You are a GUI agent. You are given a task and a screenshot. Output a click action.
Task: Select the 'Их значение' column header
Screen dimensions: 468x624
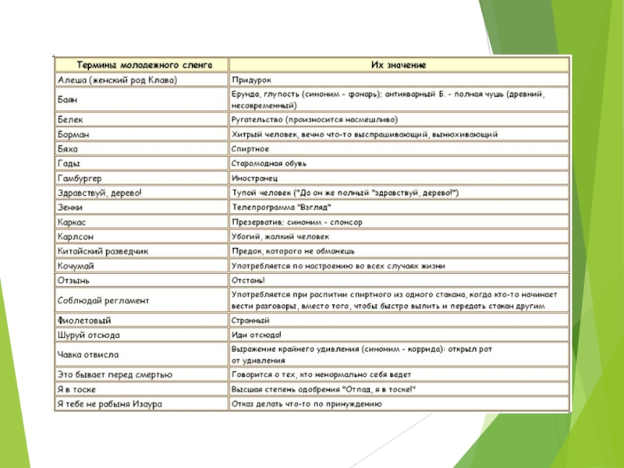[399, 65]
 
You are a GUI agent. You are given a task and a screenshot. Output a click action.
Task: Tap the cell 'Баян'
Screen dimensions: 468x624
[68, 100]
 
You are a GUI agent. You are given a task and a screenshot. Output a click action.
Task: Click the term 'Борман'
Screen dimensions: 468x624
[74, 134]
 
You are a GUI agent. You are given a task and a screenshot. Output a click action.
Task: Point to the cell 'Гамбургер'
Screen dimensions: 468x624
[80, 179]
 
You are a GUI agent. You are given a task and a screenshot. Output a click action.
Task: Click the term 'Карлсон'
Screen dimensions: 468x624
[76, 236]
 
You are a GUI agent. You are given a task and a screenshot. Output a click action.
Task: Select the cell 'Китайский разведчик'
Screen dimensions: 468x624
[103, 251]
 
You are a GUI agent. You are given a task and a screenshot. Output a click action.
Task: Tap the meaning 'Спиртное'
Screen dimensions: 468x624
[250, 149]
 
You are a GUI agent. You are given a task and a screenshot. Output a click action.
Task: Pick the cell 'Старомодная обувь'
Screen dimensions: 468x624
[269, 164]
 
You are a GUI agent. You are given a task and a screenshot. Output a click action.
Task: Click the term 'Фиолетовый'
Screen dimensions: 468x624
[84, 320]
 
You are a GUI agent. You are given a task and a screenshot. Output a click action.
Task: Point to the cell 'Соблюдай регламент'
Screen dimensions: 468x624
[103, 300]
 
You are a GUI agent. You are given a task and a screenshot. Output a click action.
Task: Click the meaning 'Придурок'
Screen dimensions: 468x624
[251, 80]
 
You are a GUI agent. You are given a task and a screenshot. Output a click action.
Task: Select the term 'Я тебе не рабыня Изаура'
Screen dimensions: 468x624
[109, 403]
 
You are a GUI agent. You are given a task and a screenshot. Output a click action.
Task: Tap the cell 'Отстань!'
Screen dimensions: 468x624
[249, 280]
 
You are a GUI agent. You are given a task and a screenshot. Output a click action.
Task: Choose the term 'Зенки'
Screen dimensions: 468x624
[71, 207]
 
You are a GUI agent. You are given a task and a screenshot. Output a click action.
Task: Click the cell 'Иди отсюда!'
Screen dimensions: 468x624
[256, 335]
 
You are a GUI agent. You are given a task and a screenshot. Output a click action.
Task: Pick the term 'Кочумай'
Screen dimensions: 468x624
[76, 266]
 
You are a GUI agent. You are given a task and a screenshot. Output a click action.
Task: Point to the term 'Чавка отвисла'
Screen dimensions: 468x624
[88, 354]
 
